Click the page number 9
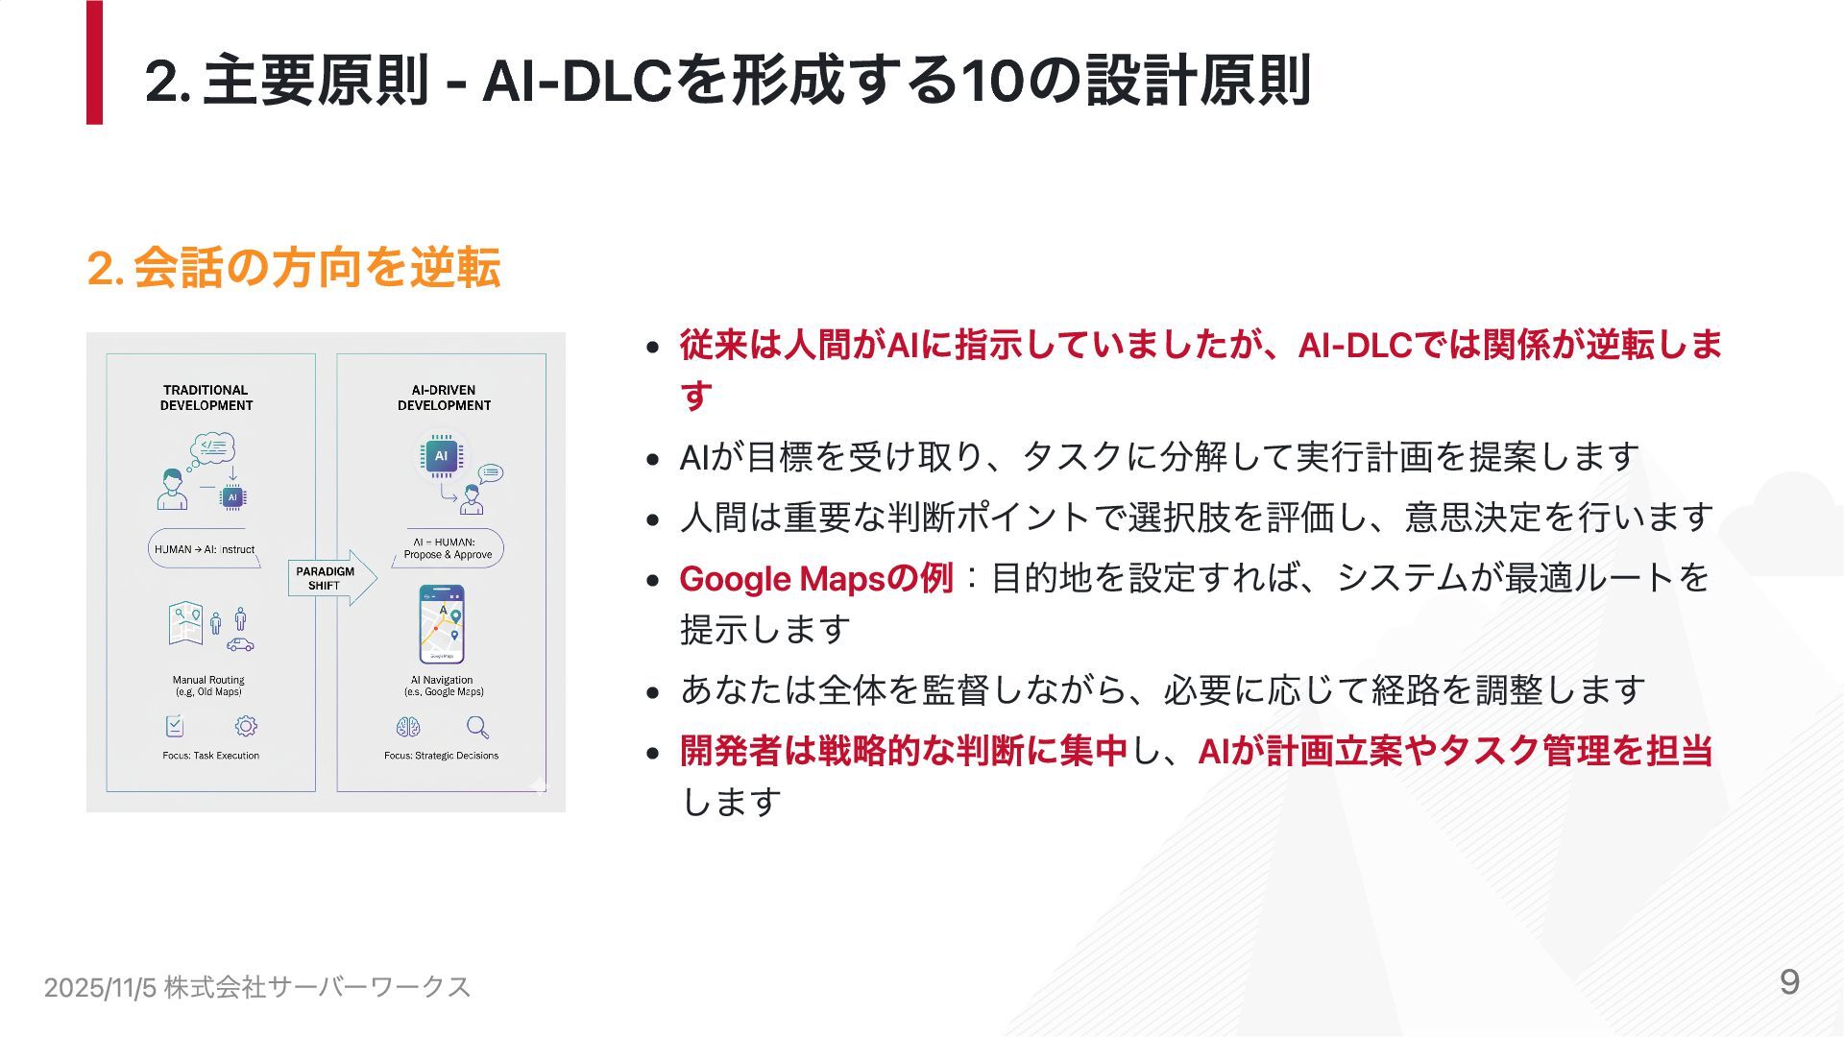coord(1789,982)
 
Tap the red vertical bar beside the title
coord(94,63)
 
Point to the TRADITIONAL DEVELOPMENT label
coord(206,398)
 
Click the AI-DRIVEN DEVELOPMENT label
coord(444,398)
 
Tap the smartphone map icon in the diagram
coord(442,624)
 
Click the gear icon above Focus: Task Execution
coord(247,726)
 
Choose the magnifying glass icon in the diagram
coord(477,727)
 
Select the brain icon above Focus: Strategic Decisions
coord(408,727)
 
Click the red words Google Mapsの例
coord(815,579)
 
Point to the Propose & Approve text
coord(448,555)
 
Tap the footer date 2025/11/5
coord(100,987)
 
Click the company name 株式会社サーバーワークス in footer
coord(317,987)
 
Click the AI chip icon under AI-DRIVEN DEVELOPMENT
coord(441,456)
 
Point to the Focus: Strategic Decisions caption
coord(441,756)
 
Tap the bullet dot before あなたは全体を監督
coord(653,692)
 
